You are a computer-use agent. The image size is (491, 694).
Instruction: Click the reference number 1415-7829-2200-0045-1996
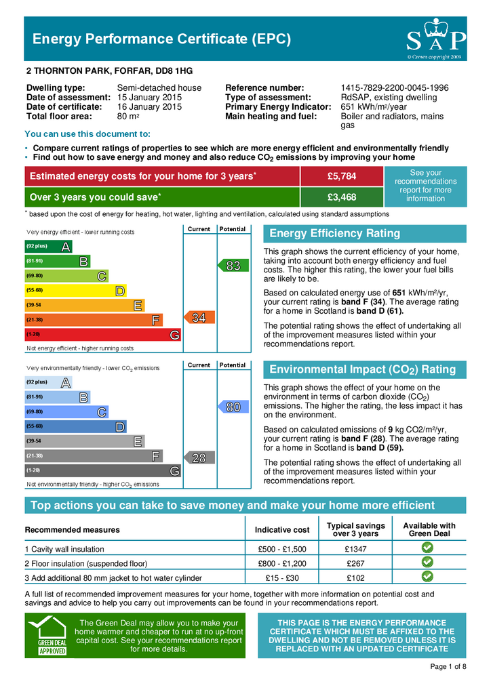(394, 88)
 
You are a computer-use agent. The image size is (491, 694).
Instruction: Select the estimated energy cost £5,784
(342, 177)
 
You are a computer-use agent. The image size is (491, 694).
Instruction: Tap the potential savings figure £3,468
(342, 197)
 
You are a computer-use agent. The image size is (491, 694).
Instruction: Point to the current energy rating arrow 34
(197, 317)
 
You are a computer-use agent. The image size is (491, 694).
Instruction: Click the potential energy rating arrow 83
(231, 266)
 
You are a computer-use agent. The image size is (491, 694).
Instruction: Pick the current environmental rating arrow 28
(197, 458)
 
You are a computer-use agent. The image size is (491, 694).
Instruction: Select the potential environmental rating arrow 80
(231, 407)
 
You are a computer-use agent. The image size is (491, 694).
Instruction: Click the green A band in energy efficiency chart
(48, 246)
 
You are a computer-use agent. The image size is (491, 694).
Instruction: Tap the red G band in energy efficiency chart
(102, 335)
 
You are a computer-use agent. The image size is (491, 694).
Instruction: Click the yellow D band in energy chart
(75, 290)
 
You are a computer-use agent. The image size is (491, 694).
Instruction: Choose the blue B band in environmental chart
(57, 397)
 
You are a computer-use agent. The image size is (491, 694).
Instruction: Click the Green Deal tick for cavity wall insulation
(429, 548)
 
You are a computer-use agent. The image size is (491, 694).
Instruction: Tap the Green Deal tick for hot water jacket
(429, 577)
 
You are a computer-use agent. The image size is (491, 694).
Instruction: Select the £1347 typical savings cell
(355, 549)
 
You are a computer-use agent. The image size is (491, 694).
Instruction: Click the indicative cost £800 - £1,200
(283, 563)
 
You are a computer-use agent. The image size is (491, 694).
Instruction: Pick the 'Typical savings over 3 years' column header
(355, 529)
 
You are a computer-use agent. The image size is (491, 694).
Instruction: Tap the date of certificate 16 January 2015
(149, 107)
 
